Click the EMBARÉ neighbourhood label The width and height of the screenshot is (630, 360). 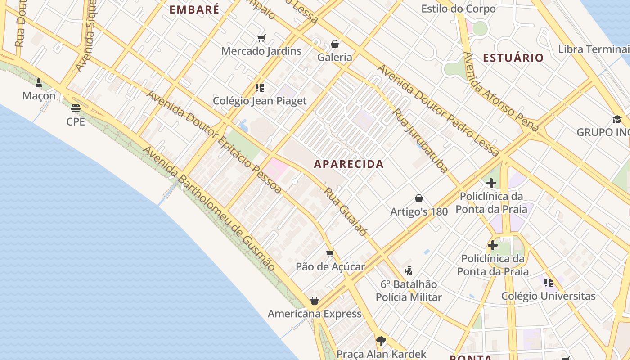pos(194,9)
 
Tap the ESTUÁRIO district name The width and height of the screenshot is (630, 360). pos(513,58)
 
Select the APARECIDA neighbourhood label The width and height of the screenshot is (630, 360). pos(349,164)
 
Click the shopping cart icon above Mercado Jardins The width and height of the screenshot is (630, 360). pos(261,38)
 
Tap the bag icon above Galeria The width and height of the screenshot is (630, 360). pos(334,44)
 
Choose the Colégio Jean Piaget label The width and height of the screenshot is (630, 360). pos(260,101)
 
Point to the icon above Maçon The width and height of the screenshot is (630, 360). pos(39,83)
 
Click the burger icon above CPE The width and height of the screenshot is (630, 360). pos(75,108)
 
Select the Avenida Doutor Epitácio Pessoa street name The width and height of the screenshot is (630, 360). pos(214,142)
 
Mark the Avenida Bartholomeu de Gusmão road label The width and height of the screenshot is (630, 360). pos(209,209)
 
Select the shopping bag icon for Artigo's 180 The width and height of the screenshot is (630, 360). pos(419,198)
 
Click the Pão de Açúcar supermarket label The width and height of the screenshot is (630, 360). pos(330,266)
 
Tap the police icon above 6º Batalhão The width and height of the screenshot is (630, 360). pos(409,271)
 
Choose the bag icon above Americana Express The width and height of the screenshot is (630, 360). pos(315,301)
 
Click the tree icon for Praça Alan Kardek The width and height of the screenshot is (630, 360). pos(381,341)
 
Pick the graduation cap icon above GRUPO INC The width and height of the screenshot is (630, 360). pos(616,119)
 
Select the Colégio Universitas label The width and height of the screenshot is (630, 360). pos(549,296)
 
